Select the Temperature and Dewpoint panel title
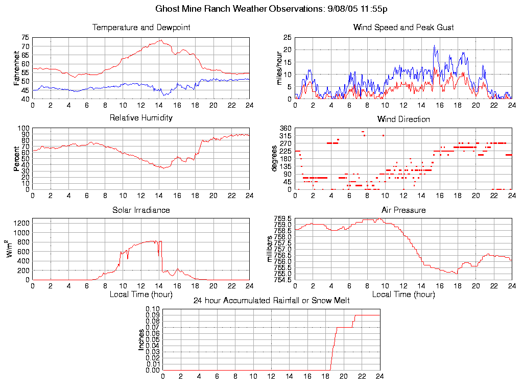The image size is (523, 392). tap(141, 27)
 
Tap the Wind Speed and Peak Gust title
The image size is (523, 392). tap(403, 27)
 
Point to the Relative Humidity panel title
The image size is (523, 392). tap(141, 118)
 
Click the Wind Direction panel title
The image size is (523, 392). tap(403, 119)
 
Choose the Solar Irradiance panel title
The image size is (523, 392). tap(141, 210)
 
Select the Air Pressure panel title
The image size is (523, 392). tap(403, 210)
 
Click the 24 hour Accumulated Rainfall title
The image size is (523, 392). tap(271, 300)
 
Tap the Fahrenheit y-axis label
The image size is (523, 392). tap(17, 68)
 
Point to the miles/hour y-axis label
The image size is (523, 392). tap(279, 68)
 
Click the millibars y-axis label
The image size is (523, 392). tap(270, 249)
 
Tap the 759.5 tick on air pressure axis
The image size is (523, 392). tap(283, 219)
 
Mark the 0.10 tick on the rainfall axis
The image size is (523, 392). tap(153, 309)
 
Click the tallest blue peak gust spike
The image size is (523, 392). tap(434, 45)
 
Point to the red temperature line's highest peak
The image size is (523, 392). tap(161, 40)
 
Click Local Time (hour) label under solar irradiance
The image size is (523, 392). tap(141, 295)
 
